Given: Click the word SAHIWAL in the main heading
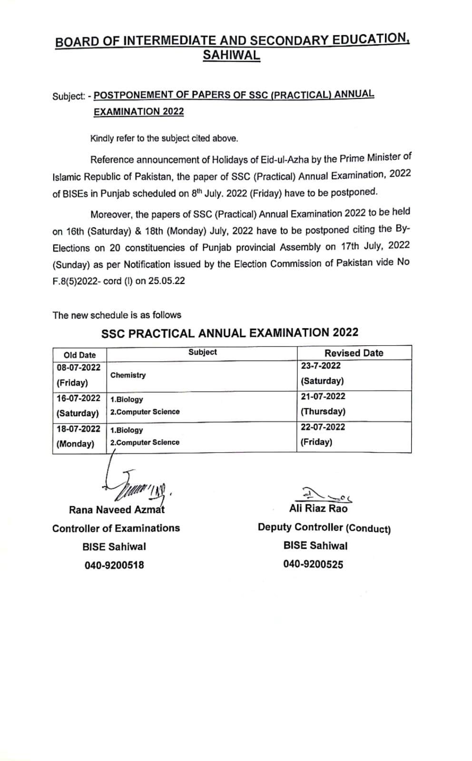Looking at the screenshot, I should [231, 55].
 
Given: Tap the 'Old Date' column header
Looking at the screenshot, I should [79, 355].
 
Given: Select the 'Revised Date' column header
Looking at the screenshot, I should [354, 353].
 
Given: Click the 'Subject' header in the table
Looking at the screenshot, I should [202, 352].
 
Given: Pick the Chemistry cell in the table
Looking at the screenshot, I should [128, 375].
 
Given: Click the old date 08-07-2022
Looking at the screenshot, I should [79, 367].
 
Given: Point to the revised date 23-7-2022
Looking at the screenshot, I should [321, 366].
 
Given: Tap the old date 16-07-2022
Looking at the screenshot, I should [79, 398].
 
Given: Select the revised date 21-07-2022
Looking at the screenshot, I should [323, 396].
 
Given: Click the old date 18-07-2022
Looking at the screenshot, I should [79, 429].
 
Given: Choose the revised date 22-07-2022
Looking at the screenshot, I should [323, 427].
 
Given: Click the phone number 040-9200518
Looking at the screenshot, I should [114, 565].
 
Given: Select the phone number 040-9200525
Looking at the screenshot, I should [313, 565].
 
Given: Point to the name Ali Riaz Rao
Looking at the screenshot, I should [318, 508].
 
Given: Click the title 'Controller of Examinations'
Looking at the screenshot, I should [116, 528].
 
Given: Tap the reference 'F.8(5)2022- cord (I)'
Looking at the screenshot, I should [85, 281].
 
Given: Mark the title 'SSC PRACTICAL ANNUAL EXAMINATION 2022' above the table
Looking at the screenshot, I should [230, 332].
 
